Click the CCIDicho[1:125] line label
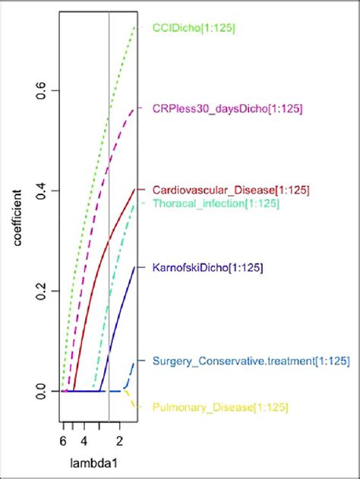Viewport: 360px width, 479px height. pos(194,28)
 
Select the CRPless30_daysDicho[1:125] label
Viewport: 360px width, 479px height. pos(227,109)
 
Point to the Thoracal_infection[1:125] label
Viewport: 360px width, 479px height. pos(216,203)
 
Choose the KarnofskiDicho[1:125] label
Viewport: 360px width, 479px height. pos(207,268)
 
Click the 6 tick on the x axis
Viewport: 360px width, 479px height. pos(63,439)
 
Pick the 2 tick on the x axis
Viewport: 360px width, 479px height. pos(120,439)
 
